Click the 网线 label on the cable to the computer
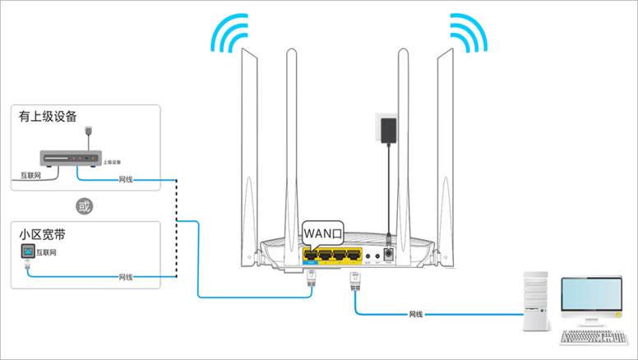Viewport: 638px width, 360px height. coord(418,314)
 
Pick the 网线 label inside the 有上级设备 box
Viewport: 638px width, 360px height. coord(125,179)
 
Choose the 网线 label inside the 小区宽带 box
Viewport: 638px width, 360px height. coord(125,276)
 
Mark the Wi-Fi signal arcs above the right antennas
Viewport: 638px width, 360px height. coord(469,33)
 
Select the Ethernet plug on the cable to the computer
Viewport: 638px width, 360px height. coord(355,282)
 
